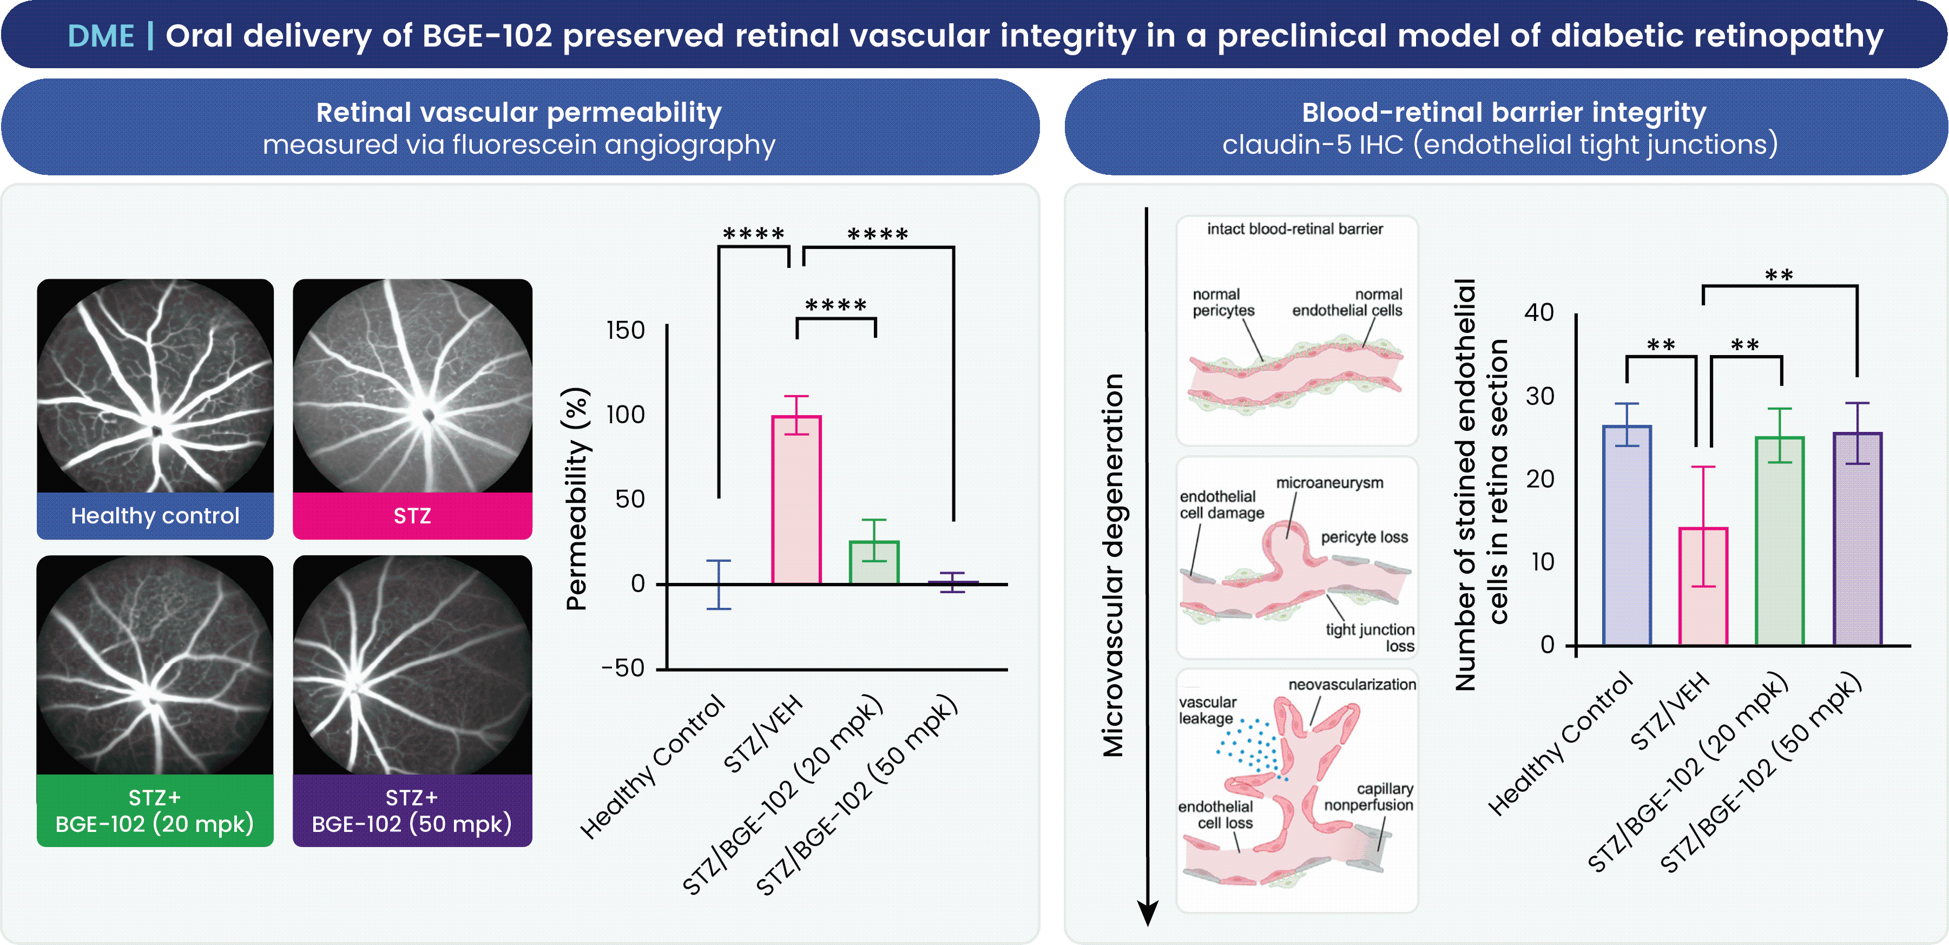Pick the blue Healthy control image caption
155,516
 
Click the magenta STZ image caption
412,516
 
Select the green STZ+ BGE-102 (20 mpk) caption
155,810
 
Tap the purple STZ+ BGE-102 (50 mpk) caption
412,810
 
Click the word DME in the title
101,36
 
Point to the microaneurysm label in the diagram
1329,483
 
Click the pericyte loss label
1364,537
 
